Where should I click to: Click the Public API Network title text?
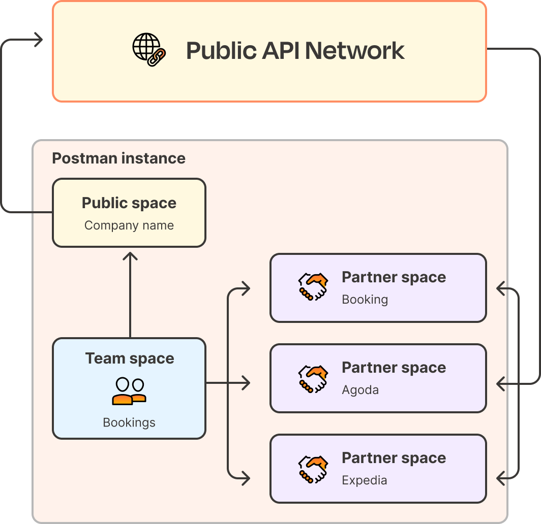pyautogui.click(x=295, y=51)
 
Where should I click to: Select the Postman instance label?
pyautogui.click(x=118, y=158)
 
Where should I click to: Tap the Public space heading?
pyautogui.click(x=129, y=203)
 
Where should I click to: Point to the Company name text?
pyautogui.click(x=129, y=225)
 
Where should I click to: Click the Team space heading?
pyautogui.click(x=130, y=358)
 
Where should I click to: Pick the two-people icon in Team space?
pyautogui.click(x=129, y=391)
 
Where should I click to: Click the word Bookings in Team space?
pyautogui.click(x=129, y=422)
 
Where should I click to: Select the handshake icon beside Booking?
pyautogui.click(x=312, y=287)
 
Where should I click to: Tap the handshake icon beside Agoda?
pyautogui.click(x=312, y=378)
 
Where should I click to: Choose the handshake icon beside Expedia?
pyautogui.click(x=312, y=469)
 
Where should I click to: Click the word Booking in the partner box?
pyautogui.click(x=365, y=300)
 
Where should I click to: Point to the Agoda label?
pyautogui.click(x=360, y=390)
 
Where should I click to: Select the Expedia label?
pyautogui.click(x=364, y=480)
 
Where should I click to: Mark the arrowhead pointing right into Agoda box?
pyautogui.click(x=246, y=383)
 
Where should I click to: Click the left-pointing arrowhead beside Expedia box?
pyautogui.click(x=501, y=477)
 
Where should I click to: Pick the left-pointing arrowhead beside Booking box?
pyautogui.click(x=501, y=289)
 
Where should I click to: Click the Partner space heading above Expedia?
pyautogui.click(x=394, y=458)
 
